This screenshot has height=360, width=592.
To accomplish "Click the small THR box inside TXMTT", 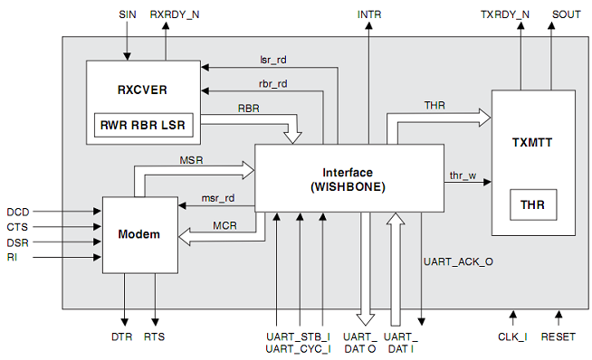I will click(532, 205).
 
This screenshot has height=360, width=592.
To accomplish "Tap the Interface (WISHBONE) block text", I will click(348, 179).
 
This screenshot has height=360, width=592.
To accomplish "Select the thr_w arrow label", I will click(463, 174).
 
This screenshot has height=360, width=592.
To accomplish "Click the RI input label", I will click(12, 258).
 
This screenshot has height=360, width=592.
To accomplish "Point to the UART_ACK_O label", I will click(458, 262).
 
